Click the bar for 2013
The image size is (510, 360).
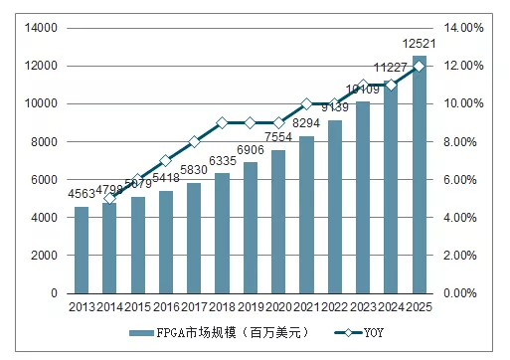click(82, 250)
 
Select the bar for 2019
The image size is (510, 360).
click(251, 228)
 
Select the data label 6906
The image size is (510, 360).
click(251, 150)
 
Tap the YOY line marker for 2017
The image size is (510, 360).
click(194, 141)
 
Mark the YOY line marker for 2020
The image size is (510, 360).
click(278, 122)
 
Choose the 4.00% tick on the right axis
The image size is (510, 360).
click(460, 218)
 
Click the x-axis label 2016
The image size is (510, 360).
click(166, 308)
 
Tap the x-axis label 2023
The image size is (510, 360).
click(363, 308)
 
